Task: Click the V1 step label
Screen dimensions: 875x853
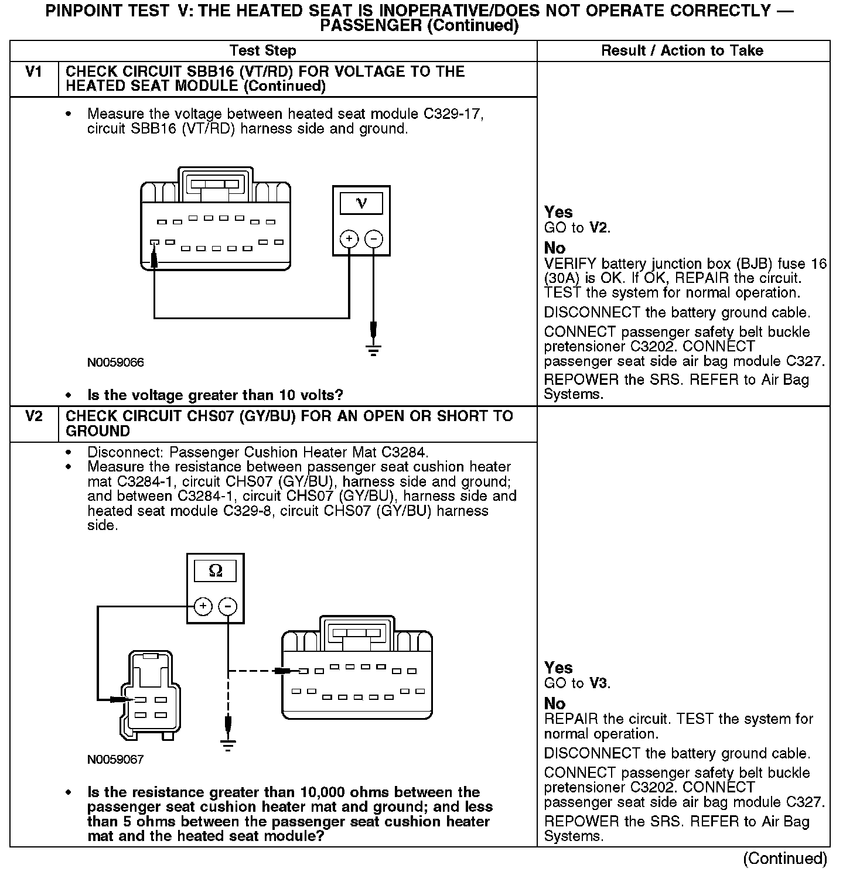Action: [x=34, y=72]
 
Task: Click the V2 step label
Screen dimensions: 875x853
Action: [x=34, y=416]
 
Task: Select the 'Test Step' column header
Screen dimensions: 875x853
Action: [x=262, y=50]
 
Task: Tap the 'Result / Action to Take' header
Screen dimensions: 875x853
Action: [x=682, y=50]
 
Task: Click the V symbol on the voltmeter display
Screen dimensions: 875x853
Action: [x=361, y=203]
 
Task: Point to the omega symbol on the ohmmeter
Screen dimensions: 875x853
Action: [x=216, y=570]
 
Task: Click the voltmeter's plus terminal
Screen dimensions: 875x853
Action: [x=349, y=239]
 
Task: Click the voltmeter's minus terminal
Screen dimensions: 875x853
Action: [x=374, y=239]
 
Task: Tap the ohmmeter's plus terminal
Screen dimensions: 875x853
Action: [x=203, y=606]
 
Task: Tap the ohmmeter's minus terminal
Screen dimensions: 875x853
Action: [x=228, y=606]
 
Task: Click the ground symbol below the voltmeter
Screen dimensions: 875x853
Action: [x=374, y=350]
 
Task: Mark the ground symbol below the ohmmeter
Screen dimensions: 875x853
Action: [x=228, y=746]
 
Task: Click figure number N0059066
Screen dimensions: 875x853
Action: [x=115, y=363]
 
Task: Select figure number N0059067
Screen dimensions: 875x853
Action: [x=115, y=760]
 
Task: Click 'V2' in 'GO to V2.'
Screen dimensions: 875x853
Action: [x=599, y=228]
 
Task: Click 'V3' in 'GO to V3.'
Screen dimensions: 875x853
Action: [x=599, y=683]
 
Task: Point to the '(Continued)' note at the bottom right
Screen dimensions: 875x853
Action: [x=784, y=859]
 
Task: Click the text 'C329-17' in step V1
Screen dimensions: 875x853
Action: [x=453, y=114]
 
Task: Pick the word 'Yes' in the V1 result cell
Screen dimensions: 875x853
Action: [x=558, y=212]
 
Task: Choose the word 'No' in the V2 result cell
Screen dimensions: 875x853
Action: [x=554, y=703]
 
